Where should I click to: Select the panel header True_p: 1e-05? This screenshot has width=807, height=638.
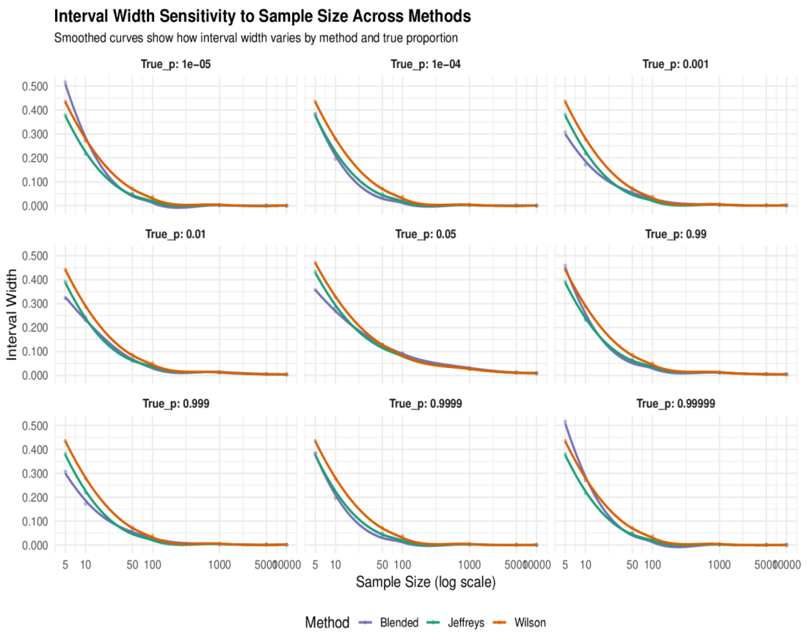coord(175,64)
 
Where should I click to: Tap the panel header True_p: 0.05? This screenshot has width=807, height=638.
coord(425,234)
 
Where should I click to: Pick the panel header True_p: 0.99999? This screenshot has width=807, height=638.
coord(676,404)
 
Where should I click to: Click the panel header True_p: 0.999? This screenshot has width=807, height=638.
coord(175,404)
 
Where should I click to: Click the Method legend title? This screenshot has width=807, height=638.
coord(327,623)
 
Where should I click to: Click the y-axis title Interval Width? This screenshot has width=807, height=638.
coord(12,315)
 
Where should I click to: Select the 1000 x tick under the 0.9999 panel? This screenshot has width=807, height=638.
coord(469,565)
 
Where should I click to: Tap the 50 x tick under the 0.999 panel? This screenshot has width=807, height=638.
coord(132,565)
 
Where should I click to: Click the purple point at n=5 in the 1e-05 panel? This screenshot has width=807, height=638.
coord(65,82)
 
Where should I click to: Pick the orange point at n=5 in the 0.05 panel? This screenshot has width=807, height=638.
coord(315,263)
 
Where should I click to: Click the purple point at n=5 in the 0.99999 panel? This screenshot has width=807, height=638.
coord(565,422)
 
